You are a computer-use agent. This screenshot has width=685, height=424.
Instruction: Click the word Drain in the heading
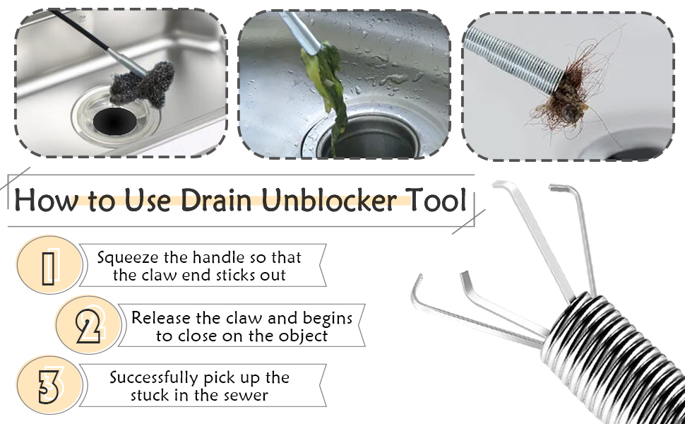point(220,200)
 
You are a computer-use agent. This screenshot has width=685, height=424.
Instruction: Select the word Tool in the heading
point(439,200)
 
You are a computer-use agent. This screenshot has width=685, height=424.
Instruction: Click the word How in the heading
point(44,200)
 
